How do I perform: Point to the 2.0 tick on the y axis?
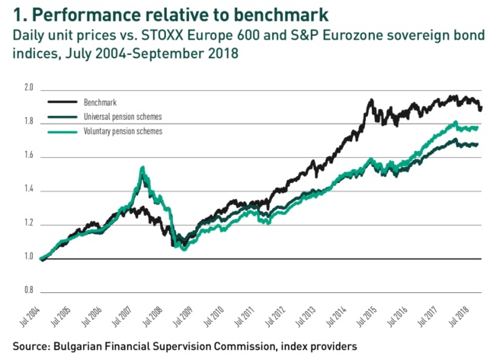[x=29, y=88]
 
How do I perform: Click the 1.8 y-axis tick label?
[x=29, y=122]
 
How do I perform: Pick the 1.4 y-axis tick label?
[x=29, y=190]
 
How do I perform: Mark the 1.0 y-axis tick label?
[x=29, y=258]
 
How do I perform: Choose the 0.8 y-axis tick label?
[x=29, y=291]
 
